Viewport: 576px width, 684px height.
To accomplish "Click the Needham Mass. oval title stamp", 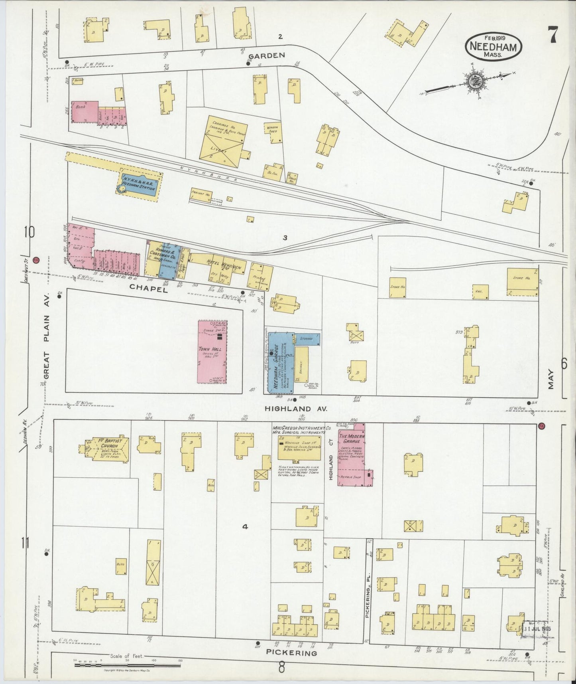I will [x=493, y=46].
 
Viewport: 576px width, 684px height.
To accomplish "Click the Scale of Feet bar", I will [x=128, y=660].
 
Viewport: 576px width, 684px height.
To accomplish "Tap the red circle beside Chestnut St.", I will [x=36, y=260].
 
